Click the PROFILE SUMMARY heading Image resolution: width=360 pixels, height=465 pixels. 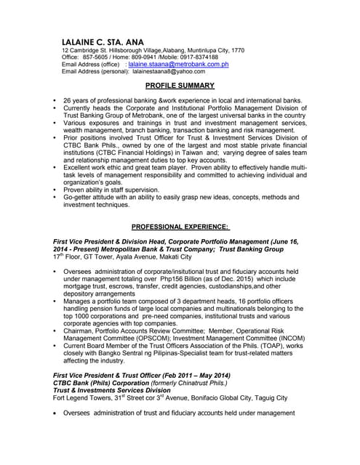point(180,86)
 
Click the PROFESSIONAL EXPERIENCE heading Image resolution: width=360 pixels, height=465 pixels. point(180,227)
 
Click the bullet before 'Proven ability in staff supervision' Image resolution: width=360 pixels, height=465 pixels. point(55,190)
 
